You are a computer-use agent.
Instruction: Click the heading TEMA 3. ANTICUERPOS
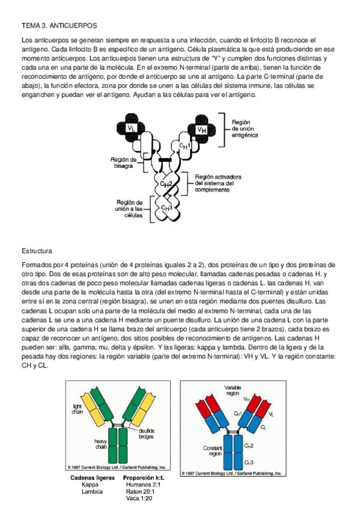click(59, 25)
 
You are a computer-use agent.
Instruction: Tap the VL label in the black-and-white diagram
click(131, 128)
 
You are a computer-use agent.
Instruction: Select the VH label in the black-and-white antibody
click(201, 130)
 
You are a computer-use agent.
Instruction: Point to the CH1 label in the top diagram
click(185, 145)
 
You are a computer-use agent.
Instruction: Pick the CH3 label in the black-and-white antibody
click(166, 207)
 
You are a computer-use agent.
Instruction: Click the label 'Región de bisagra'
click(123, 162)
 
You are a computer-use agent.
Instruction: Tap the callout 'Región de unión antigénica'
click(245, 129)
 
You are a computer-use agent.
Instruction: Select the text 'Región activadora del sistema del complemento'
click(218, 183)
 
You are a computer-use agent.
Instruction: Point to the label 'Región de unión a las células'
click(129, 209)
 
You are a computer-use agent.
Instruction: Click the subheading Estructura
click(37, 251)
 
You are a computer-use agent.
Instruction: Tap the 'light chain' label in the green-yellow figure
click(78, 409)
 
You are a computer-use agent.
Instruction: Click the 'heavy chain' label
click(101, 444)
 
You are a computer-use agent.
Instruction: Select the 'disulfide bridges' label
click(146, 433)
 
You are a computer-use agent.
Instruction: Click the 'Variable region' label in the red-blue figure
click(233, 390)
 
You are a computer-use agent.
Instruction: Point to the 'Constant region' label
click(213, 450)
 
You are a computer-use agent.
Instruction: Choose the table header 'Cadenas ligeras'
click(93, 478)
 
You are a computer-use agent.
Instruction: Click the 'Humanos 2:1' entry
click(143, 485)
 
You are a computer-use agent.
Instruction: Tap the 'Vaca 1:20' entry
click(139, 499)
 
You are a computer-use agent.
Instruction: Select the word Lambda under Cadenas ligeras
click(92, 491)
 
